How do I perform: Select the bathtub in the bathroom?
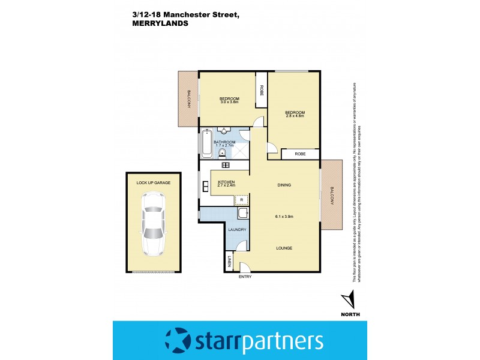pos(207,143)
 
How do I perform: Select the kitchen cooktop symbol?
pos(226,165)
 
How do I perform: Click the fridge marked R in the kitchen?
pos(241,200)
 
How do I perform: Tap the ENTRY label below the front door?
pos(245,277)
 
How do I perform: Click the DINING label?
pos(284,185)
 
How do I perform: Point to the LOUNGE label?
pos(284,248)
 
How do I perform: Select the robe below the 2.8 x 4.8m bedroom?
pos(300,154)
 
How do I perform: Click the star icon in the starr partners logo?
pos(177,341)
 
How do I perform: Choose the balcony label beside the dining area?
pos(331,195)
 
